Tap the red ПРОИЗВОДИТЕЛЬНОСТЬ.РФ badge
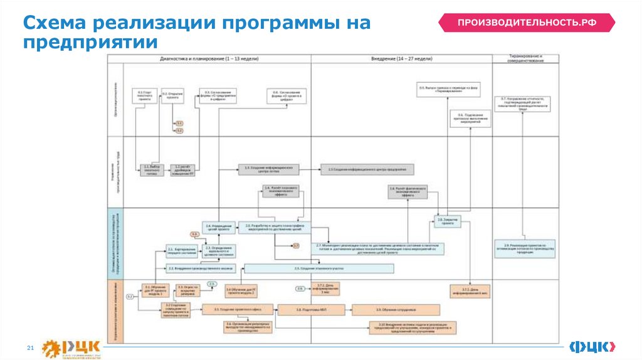(x=526, y=23)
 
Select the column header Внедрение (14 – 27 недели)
(x=402, y=58)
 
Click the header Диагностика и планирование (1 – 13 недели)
(x=209, y=58)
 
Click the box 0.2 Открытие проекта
(x=172, y=95)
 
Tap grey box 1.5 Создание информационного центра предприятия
(x=367, y=169)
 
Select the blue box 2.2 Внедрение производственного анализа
(x=201, y=268)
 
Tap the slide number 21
(x=29, y=347)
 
